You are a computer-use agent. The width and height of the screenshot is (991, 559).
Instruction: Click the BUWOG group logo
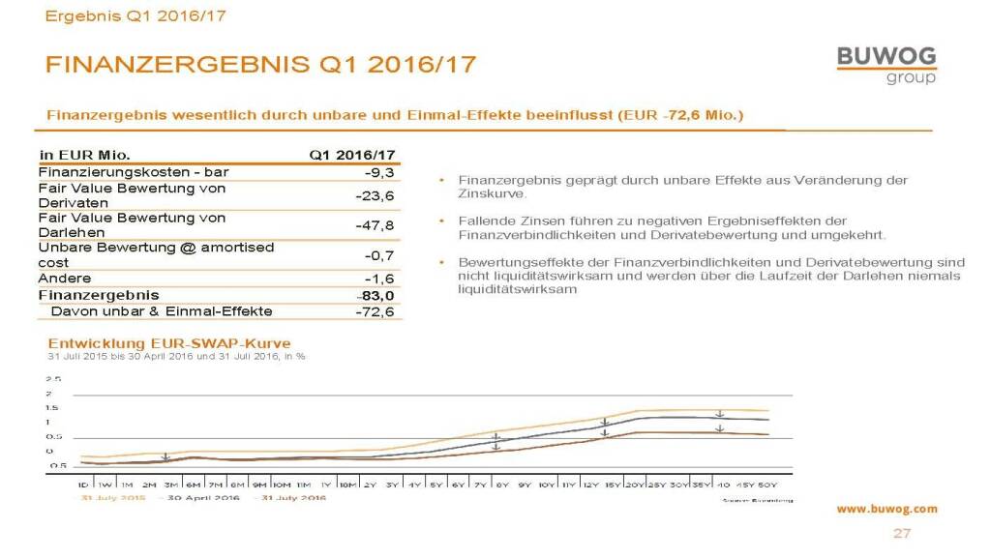tap(886, 64)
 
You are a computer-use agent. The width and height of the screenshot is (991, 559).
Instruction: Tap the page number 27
tap(901, 534)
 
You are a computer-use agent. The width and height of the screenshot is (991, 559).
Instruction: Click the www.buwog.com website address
tap(886, 509)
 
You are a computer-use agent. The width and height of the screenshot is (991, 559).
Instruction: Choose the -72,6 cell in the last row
tap(376, 311)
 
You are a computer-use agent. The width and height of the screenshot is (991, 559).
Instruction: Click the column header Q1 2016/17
tap(352, 155)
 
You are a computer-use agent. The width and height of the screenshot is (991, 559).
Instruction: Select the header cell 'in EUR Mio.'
tap(85, 155)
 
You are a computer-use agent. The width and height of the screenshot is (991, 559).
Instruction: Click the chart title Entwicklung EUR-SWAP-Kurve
tap(169, 343)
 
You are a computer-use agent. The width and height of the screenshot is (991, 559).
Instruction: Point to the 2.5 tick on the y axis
tap(55, 379)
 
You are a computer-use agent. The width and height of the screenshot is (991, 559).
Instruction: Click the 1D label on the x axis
tap(83, 483)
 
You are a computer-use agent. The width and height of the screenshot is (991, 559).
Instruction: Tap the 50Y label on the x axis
tap(768, 483)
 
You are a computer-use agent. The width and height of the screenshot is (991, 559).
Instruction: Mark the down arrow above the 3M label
tap(166, 456)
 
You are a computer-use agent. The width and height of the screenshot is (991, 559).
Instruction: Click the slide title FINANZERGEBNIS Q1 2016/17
tap(260, 65)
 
